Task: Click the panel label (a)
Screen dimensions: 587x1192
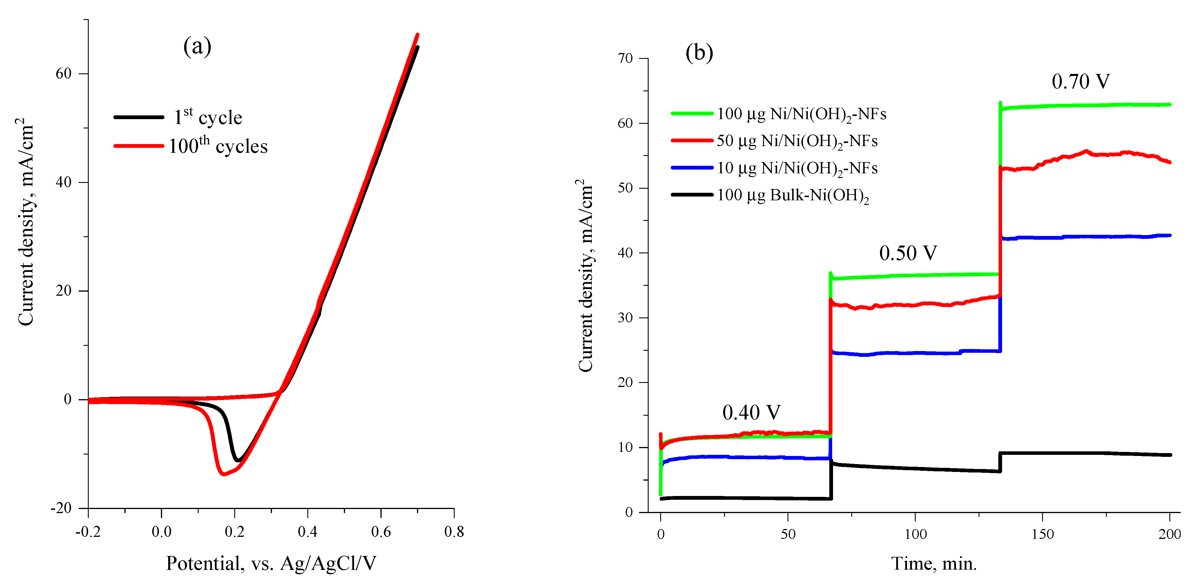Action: pyautogui.click(x=197, y=46)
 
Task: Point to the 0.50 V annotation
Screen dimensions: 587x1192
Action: pyautogui.click(x=908, y=253)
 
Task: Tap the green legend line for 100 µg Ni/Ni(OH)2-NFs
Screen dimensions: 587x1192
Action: pyautogui.click(x=692, y=113)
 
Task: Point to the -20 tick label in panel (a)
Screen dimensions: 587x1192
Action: pyautogui.click(x=61, y=508)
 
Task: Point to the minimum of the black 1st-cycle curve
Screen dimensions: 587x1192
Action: pyautogui.click(x=238, y=461)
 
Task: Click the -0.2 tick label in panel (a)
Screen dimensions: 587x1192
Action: pyautogui.click(x=88, y=532)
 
